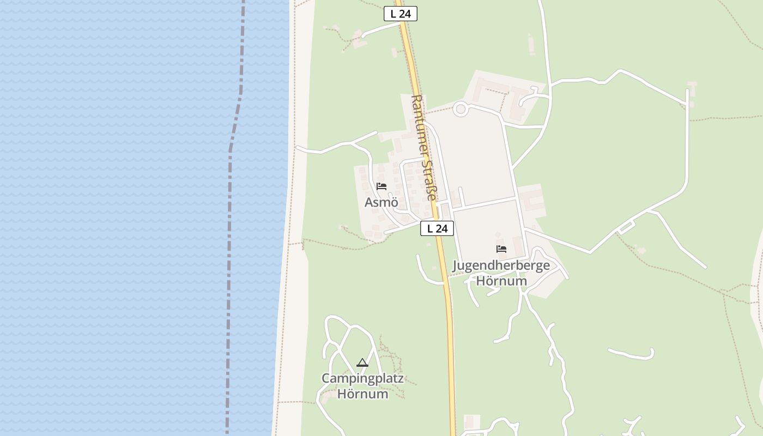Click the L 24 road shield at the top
401,14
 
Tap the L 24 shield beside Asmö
437,229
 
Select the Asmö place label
381,203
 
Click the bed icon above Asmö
381,186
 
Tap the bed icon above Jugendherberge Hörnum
501,249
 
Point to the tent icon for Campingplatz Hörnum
362,362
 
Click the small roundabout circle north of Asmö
461,109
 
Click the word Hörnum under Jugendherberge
501,281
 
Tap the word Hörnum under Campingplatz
362,393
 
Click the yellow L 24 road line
450,338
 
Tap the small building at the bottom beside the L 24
470,422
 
